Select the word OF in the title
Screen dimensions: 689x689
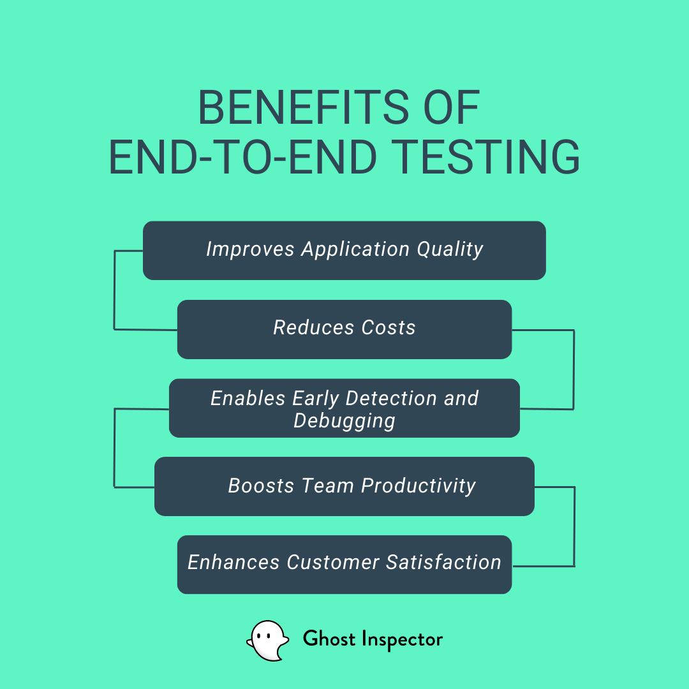coord(451,108)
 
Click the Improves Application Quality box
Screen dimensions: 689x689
coord(344,251)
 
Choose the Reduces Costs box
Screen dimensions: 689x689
coord(344,330)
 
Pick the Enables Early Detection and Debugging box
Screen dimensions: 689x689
coord(344,408)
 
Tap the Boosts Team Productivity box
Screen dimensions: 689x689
coord(344,486)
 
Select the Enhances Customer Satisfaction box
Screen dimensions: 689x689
coord(344,565)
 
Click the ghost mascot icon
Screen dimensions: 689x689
coord(267,641)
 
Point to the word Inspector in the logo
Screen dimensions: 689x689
coord(402,640)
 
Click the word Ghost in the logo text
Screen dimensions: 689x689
coord(329,639)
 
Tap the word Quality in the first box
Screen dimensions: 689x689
coord(450,249)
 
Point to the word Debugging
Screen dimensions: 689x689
coord(344,421)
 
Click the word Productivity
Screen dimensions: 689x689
coord(419,486)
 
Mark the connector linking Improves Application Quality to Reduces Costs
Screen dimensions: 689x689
coord(114,290)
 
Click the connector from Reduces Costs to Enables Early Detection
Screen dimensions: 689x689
coord(574,369)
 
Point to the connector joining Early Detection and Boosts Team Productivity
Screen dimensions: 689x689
coord(114,448)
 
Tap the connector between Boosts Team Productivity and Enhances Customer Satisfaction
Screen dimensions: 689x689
coord(575,526)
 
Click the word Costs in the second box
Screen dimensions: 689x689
coord(389,328)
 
